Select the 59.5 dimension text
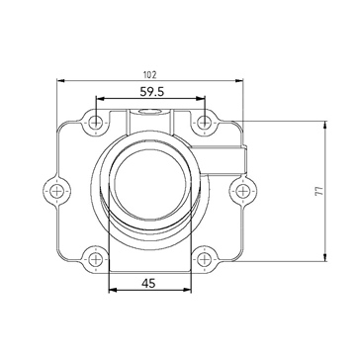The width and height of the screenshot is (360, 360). tap(151, 93)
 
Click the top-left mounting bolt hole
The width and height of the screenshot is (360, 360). tap(95, 123)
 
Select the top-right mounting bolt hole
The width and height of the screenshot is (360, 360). tap(204, 123)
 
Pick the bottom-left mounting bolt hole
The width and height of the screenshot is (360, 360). tap(95, 259)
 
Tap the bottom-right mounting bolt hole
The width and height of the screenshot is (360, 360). tap(204, 259)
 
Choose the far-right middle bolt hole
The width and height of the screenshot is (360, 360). tap(241, 190)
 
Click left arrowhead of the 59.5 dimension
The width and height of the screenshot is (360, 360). tap(98, 101)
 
